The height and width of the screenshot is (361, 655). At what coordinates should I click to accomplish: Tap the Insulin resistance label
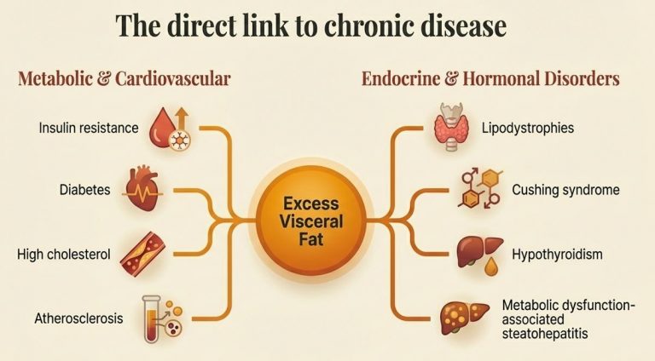(x=89, y=129)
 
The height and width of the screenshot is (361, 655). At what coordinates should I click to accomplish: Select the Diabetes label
(x=85, y=189)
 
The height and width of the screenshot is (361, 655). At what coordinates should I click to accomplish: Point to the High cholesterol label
(x=62, y=254)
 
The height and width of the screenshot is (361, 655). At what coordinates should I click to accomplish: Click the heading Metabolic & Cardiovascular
(x=125, y=80)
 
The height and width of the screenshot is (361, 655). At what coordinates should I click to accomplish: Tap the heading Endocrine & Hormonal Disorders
(x=490, y=80)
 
